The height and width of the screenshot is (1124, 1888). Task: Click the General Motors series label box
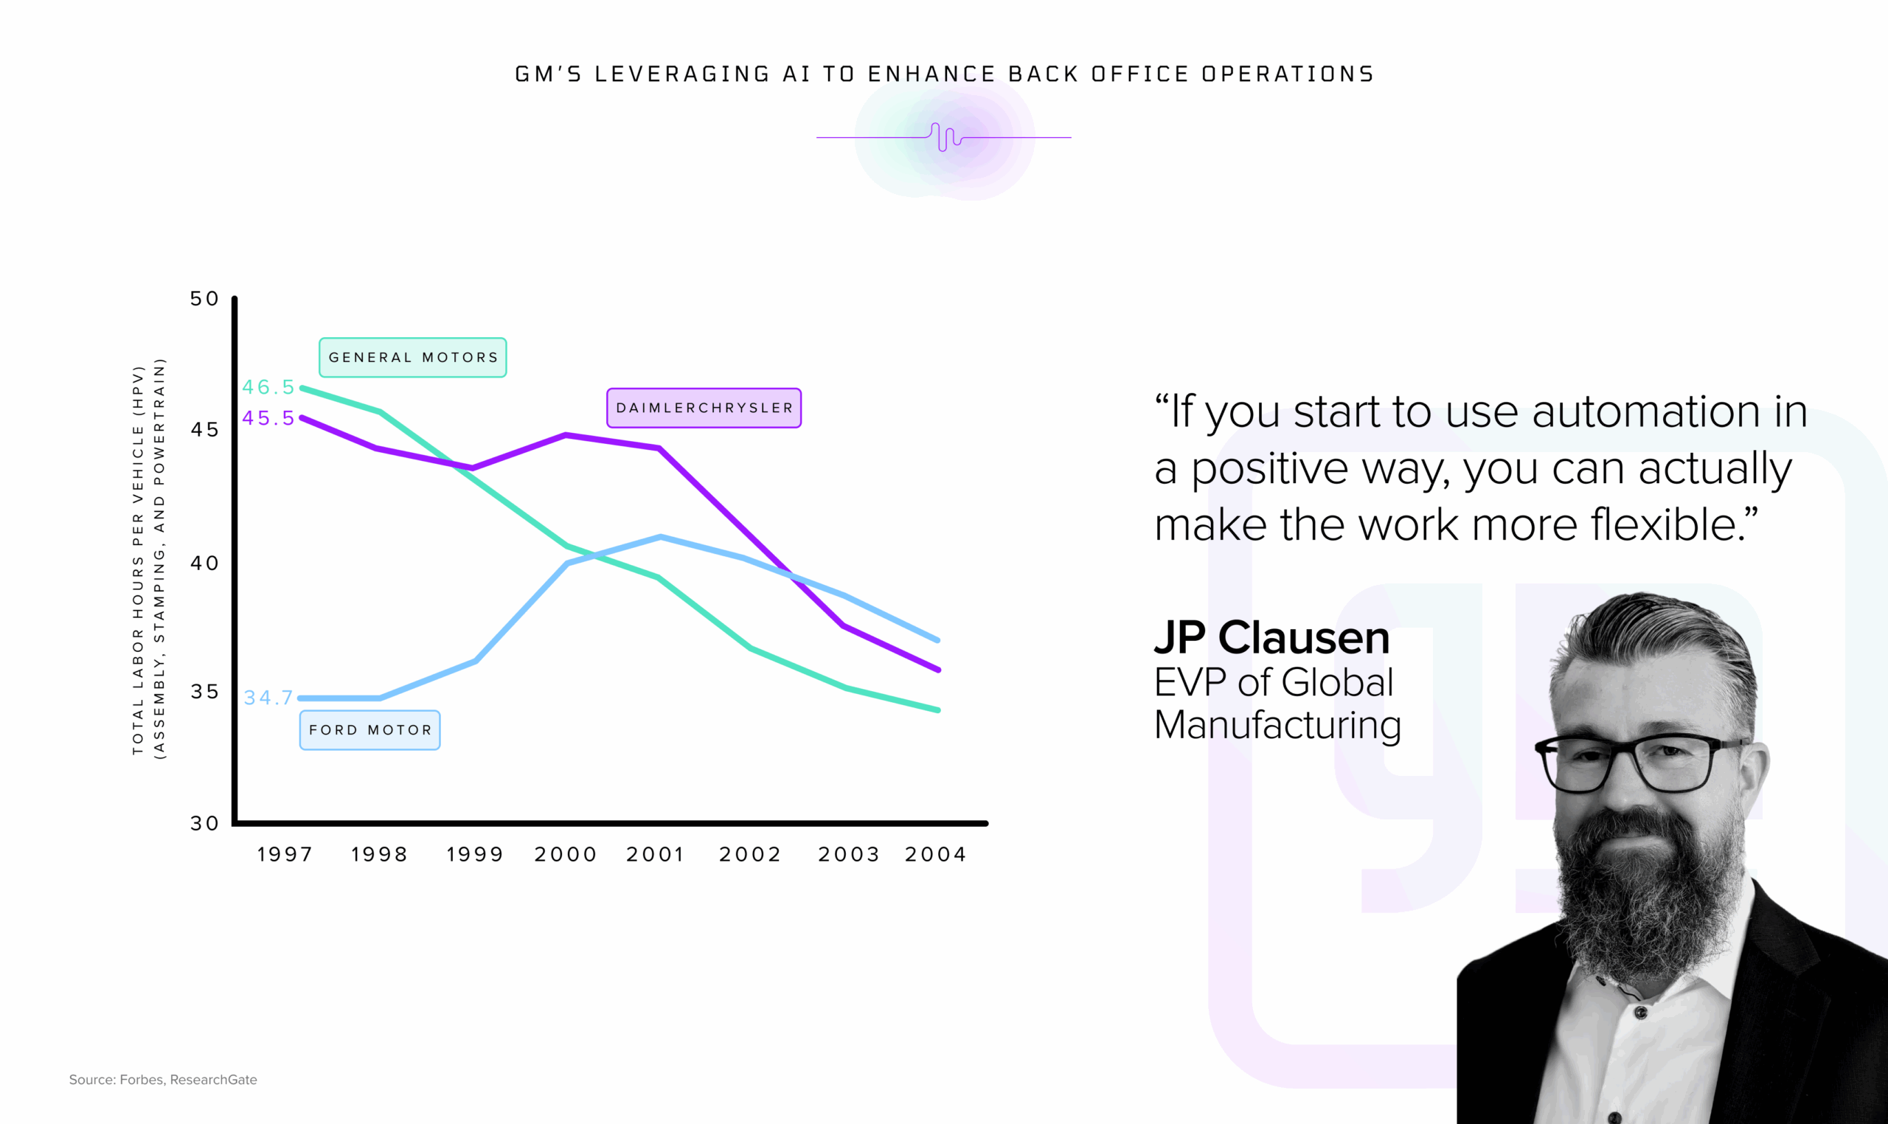pyautogui.click(x=413, y=358)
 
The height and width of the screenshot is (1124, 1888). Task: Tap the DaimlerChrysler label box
pyautogui.click(x=704, y=409)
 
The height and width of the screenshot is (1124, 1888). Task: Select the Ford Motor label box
pyautogui.click(x=369, y=730)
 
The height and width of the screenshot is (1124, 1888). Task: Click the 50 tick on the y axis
pyautogui.click(x=204, y=299)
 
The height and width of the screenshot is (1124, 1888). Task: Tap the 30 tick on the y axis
pyautogui.click(x=204, y=823)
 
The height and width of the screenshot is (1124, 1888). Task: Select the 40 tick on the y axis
pyautogui.click(x=204, y=563)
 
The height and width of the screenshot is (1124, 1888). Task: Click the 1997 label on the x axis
pyautogui.click(x=285, y=854)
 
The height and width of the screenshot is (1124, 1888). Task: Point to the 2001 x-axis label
pyautogui.click(x=655, y=854)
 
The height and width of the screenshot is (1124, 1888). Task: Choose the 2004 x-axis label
pyautogui.click(x=936, y=854)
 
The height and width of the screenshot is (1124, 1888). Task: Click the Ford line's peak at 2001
pyautogui.click(x=660, y=537)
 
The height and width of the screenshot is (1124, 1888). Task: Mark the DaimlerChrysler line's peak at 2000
pyautogui.click(x=566, y=435)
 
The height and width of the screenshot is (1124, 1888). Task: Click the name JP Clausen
pyautogui.click(x=1271, y=638)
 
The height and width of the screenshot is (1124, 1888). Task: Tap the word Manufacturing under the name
pyautogui.click(x=1277, y=725)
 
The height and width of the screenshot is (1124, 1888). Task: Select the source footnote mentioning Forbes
pyautogui.click(x=163, y=1079)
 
